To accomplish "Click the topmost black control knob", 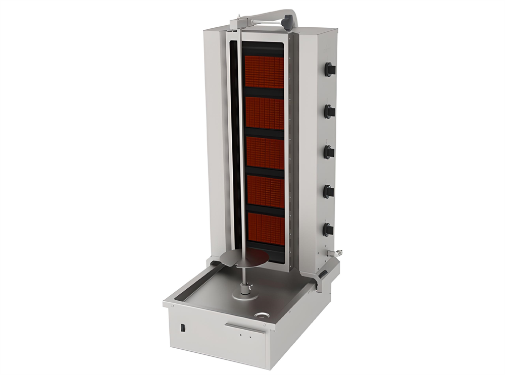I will coord(330,69).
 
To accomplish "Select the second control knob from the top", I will coord(330,111).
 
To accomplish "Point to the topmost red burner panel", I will coord(265,72).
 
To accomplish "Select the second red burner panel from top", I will coord(265,114).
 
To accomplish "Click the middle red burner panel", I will coord(265,153).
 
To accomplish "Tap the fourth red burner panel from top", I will coord(266,192).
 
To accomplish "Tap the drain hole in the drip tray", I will coord(261,316).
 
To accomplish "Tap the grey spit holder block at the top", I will coord(238,23).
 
